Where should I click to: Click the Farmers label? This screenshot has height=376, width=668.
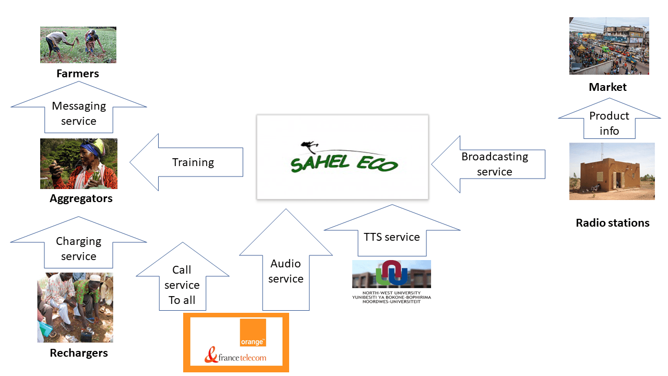point(78,74)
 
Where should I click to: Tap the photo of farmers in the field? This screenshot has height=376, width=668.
point(78,45)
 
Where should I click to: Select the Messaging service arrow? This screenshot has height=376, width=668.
point(79,113)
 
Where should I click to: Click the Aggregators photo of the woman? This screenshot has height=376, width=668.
point(79,163)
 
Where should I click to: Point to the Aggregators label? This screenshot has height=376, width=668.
point(81,198)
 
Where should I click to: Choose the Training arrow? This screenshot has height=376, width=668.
point(193,162)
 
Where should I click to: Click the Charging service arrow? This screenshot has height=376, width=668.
point(78,248)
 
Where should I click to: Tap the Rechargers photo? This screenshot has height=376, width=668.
point(75,307)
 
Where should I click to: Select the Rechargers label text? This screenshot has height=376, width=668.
point(79,353)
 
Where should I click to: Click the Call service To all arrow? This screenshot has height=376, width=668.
point(182,284)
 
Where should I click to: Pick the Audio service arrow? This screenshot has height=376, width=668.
point(286,271)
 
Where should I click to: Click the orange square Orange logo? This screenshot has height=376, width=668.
point(253,333)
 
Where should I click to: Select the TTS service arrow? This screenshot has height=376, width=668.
point(392,236)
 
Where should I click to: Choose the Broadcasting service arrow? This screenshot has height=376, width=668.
point(494,164)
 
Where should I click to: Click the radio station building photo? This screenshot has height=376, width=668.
point(612,171)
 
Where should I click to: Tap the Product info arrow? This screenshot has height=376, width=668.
point(609,122)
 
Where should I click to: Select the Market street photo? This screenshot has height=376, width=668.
point(609,46)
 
